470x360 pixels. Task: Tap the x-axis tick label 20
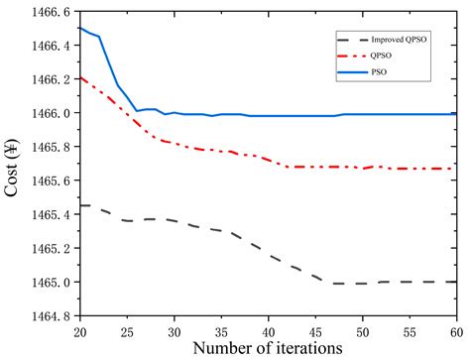click(79, 330)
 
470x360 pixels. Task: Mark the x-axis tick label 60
click(455, 330)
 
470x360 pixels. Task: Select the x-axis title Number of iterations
click(267, 348)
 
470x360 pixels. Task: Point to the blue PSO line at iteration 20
click(80, 28)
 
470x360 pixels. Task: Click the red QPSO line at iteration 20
click(80, 77)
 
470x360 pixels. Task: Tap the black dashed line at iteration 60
click(454, 282)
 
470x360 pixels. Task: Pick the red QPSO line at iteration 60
click(454, 169)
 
